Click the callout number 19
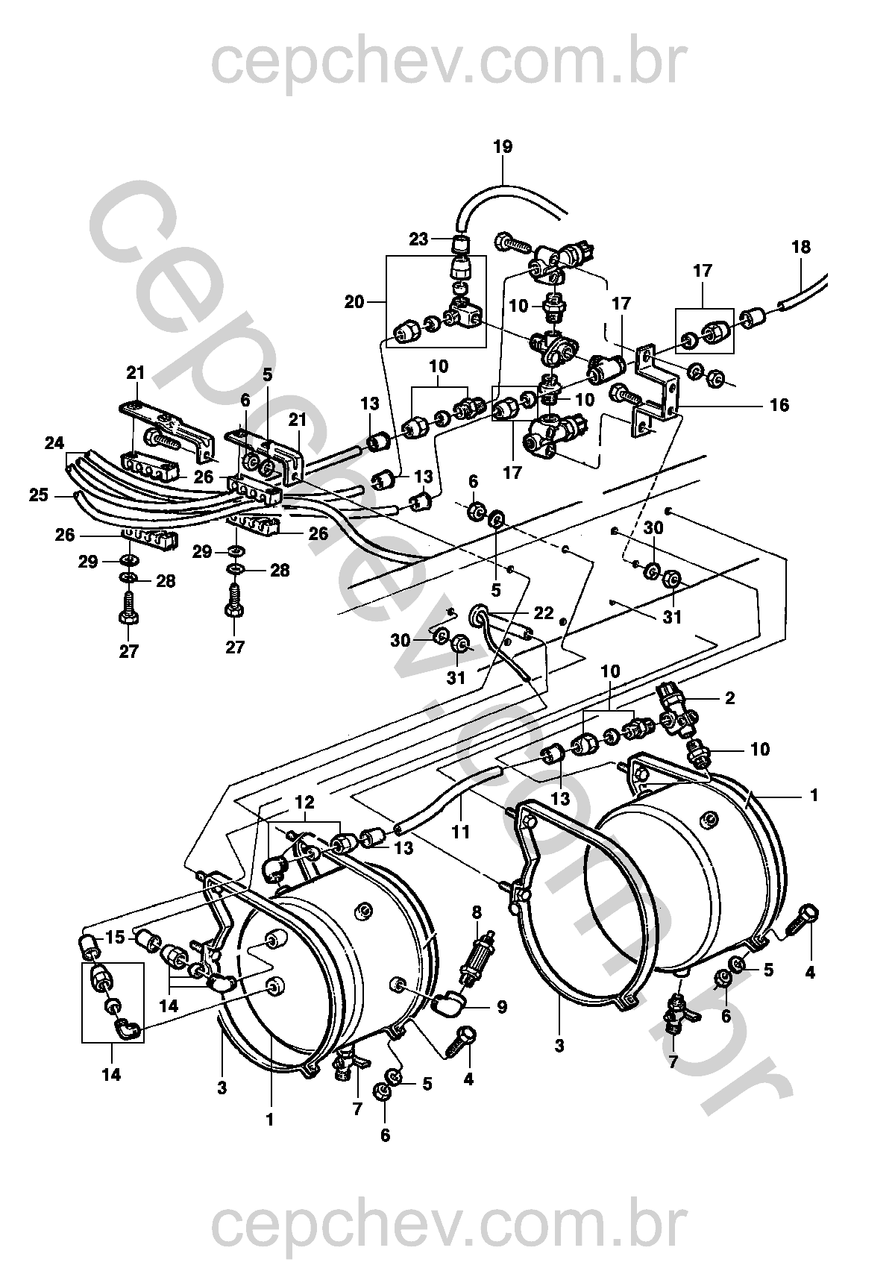pyautogui.click(x=502, y=147)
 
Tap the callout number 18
pyautogui.click(x=800, y=248)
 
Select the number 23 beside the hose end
pyautogui.click(x=418, y=239)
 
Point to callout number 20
pyautogui.click(x=354, y=301)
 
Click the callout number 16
pyautogui.click(x=779, y=405)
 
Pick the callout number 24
pyautogui.click(x=54, y=443)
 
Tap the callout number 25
pyautogui.click(x=39, y=495)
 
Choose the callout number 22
pyautogui.click(x=543, y=613)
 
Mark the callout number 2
pyautogui.click(x=729, y=698)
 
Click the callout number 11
pyautogui.click(x=461, y=832)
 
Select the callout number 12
pyautogui.click(x=304, y=802)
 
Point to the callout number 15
pyautogui.click(x=115, y=937)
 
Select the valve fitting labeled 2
pyautogui.click(x=676, y=709)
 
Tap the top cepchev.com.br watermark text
pyautogui.click(x=449, y=64)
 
